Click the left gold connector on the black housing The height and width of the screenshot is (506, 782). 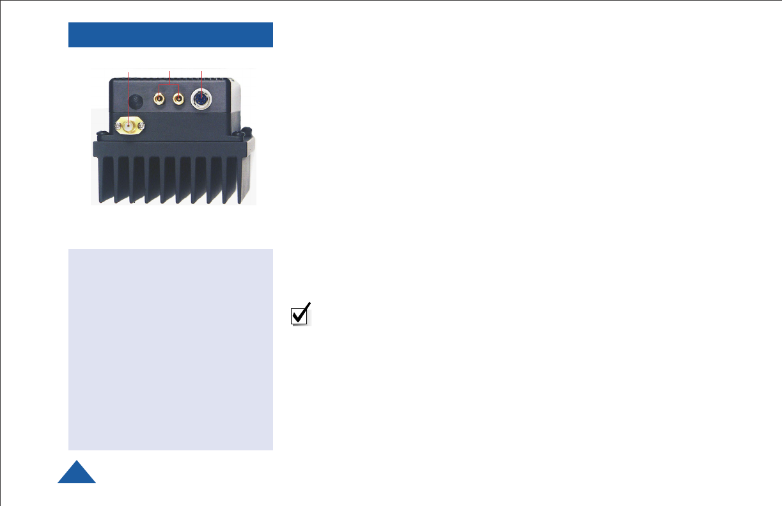point(159,99)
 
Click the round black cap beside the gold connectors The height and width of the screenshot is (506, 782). point(136,102)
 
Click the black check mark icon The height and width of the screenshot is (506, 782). point(301,313)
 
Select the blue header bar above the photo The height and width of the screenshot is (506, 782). point(170,35)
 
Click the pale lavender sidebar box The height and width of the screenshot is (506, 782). point(170,349)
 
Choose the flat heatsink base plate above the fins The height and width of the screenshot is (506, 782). point(169,148)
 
